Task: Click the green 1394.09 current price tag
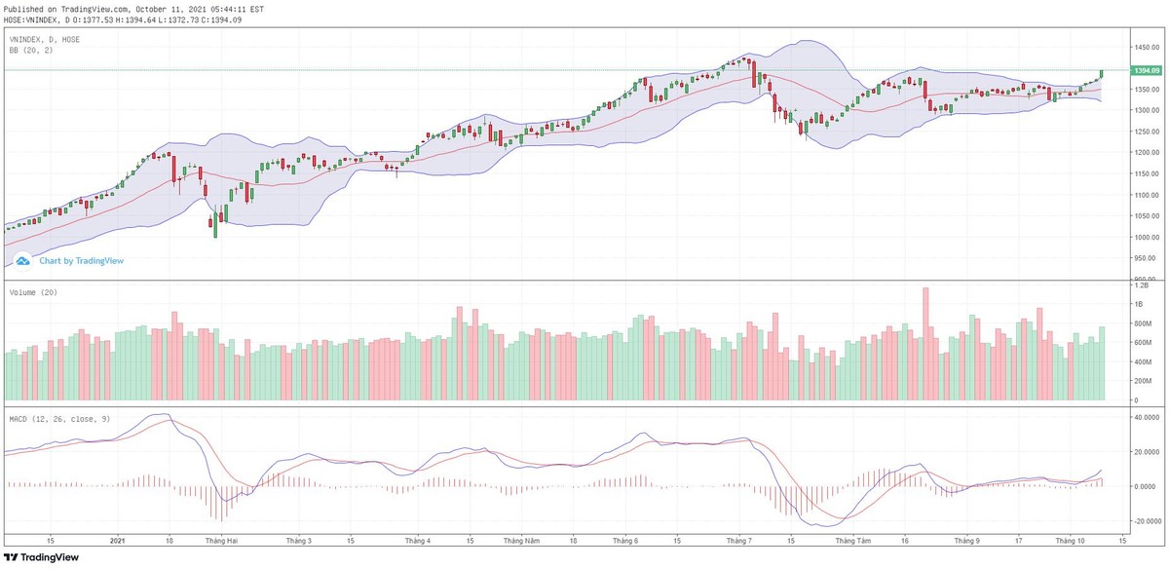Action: (1145, 70)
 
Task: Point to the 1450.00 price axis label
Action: (1144, 47)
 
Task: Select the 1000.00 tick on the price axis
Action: (1144, 238)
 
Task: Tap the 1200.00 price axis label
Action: (1144, 153)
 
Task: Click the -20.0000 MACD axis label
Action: (1145, 521)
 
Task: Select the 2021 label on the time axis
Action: (118, 539)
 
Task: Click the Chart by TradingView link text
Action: (81, 261)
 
